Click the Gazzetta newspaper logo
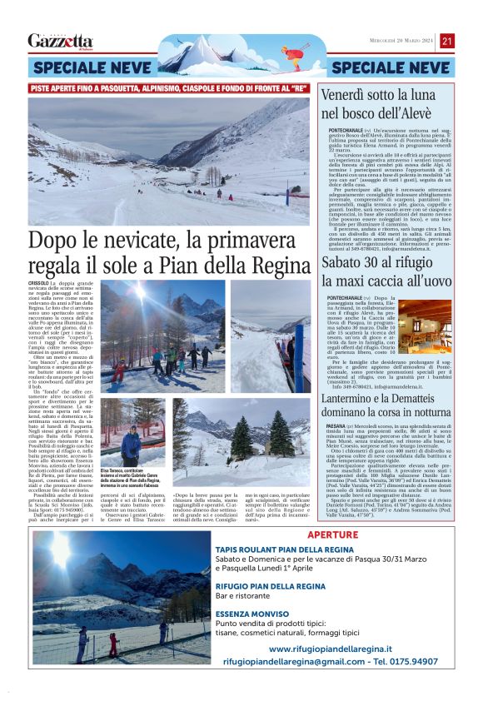[60, 41]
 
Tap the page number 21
[447, 41]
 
